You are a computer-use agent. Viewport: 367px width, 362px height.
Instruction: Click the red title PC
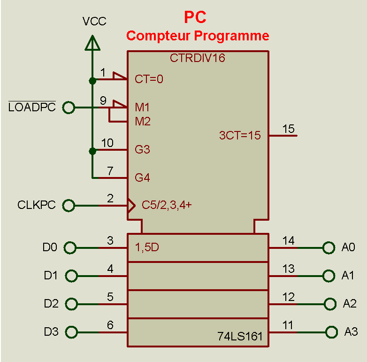tap(195, 17)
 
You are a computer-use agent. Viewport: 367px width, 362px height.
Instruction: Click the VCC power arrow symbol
tap(92, 43)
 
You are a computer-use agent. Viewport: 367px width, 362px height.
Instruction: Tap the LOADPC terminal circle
tap(69, 108)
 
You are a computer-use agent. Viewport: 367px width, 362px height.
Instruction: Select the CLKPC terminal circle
tap(69, 205)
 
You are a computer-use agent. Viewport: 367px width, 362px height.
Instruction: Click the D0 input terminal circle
tap(70, 247)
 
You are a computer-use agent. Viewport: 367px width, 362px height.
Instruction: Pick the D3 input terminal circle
tap(70, 332)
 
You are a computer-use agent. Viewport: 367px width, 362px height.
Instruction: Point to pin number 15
tap(289, 129)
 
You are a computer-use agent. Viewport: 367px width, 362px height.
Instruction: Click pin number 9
tap(103, 100)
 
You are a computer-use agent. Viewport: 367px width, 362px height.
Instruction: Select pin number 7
tap(110, 171)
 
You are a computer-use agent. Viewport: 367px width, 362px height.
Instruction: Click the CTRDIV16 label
tap(197, 58)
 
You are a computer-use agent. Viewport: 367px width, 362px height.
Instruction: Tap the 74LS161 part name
tap(240, 337)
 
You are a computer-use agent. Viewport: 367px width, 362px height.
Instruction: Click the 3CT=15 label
tap(239, 136)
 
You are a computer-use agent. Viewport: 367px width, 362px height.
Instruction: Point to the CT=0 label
tap(149, 79)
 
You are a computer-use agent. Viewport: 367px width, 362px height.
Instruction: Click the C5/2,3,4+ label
tap(166, 205)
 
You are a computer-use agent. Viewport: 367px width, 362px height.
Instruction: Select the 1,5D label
tap(147, 247)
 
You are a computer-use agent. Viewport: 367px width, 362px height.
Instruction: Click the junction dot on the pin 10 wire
tap(92, 151)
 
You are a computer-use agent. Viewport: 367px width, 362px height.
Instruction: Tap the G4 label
tap(142, 178)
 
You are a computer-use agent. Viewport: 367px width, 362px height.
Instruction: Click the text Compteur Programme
tap(198, 36)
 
